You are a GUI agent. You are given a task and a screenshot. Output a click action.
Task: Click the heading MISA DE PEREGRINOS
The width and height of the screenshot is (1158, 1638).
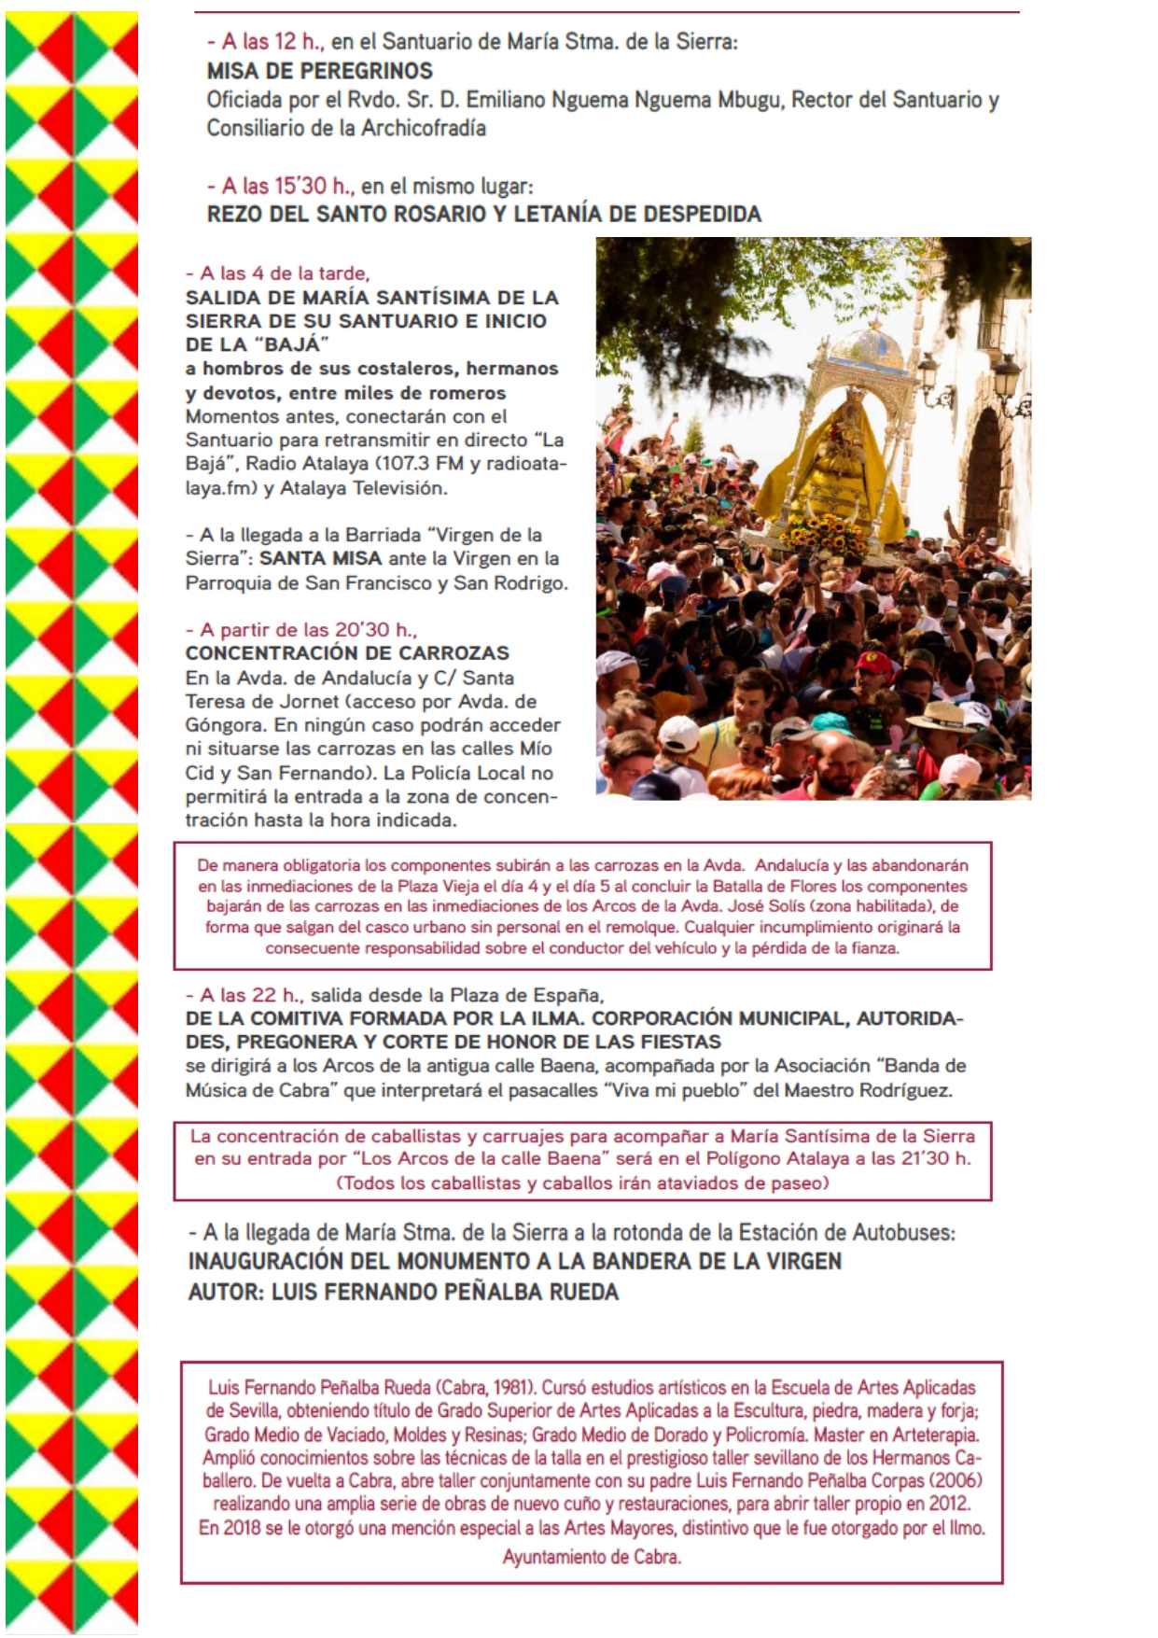click(x=319, y=71)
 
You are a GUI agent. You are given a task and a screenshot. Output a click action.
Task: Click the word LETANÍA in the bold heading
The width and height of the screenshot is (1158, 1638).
click(x=551, y=214)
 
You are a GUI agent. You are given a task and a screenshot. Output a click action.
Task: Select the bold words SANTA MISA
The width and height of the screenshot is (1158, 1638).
click(x=320, y=558)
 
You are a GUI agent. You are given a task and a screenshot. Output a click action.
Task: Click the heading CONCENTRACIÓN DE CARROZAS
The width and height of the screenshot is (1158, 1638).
click(x=347, y=653)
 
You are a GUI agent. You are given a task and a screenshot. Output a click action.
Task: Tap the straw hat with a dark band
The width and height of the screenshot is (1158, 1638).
click(x=940, y=716)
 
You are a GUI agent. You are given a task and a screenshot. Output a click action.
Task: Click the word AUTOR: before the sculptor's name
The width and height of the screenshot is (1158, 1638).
click(x=225, y=1292)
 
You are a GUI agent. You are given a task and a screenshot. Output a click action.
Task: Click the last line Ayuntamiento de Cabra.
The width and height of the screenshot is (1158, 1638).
click(x=592, y=1557)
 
